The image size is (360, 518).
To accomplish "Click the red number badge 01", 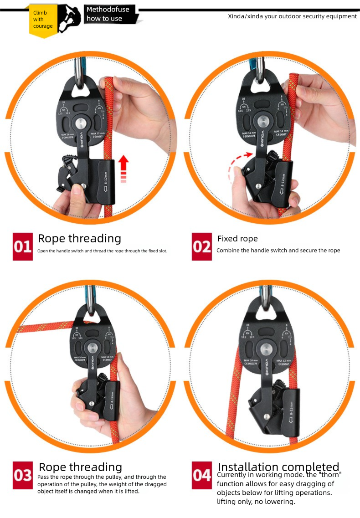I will coord(23,246).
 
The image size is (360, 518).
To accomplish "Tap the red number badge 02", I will coord(202,246).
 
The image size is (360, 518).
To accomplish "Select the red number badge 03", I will coord(23,475).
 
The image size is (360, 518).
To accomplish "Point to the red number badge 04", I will coord(202,475).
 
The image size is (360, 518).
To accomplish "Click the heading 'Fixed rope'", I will coord(237,239).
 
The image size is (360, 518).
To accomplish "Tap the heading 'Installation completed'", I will coord(278,467).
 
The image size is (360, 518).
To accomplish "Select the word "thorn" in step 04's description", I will coord(329,475).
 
